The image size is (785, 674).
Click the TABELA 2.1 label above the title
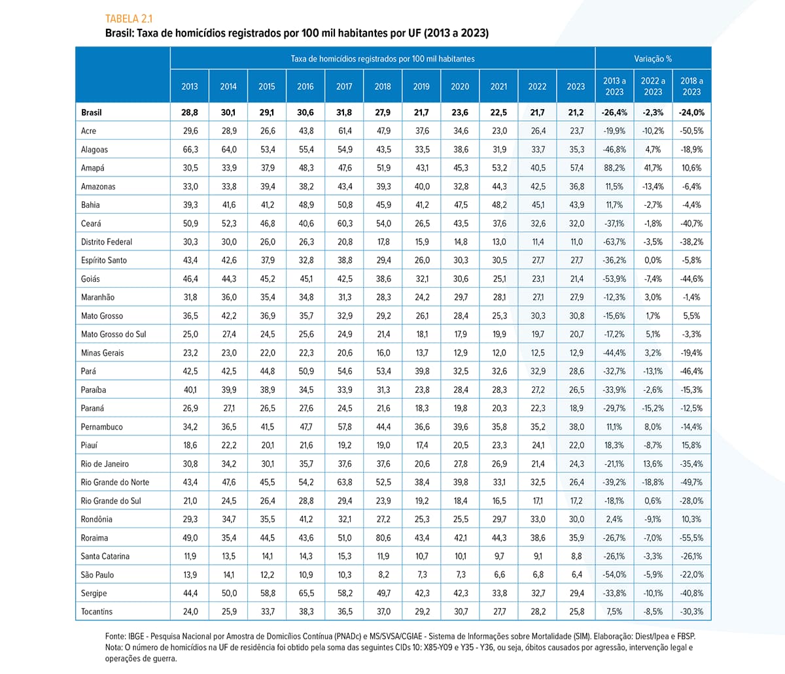129,18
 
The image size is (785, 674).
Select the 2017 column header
344,86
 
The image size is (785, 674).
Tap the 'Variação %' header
653,59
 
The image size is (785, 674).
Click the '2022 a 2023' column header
653,86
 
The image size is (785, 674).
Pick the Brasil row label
91,112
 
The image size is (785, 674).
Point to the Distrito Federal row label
107,242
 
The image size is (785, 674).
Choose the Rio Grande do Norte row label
114,482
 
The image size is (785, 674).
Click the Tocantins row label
96,611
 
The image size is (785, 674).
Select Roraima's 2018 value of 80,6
383,538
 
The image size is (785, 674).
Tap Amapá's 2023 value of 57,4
576,168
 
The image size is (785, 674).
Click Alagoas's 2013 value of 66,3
190,150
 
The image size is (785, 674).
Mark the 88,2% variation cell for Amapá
614,168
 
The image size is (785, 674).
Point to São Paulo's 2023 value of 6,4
576,575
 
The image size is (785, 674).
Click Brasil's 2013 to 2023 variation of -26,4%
614,112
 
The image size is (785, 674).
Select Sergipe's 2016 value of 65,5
305,593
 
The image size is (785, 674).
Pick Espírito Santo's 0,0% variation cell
653,260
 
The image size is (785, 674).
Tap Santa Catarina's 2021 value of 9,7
499,556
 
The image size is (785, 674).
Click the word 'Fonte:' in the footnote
115,637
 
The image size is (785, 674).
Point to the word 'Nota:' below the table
114,647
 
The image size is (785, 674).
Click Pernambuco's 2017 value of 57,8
345,427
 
